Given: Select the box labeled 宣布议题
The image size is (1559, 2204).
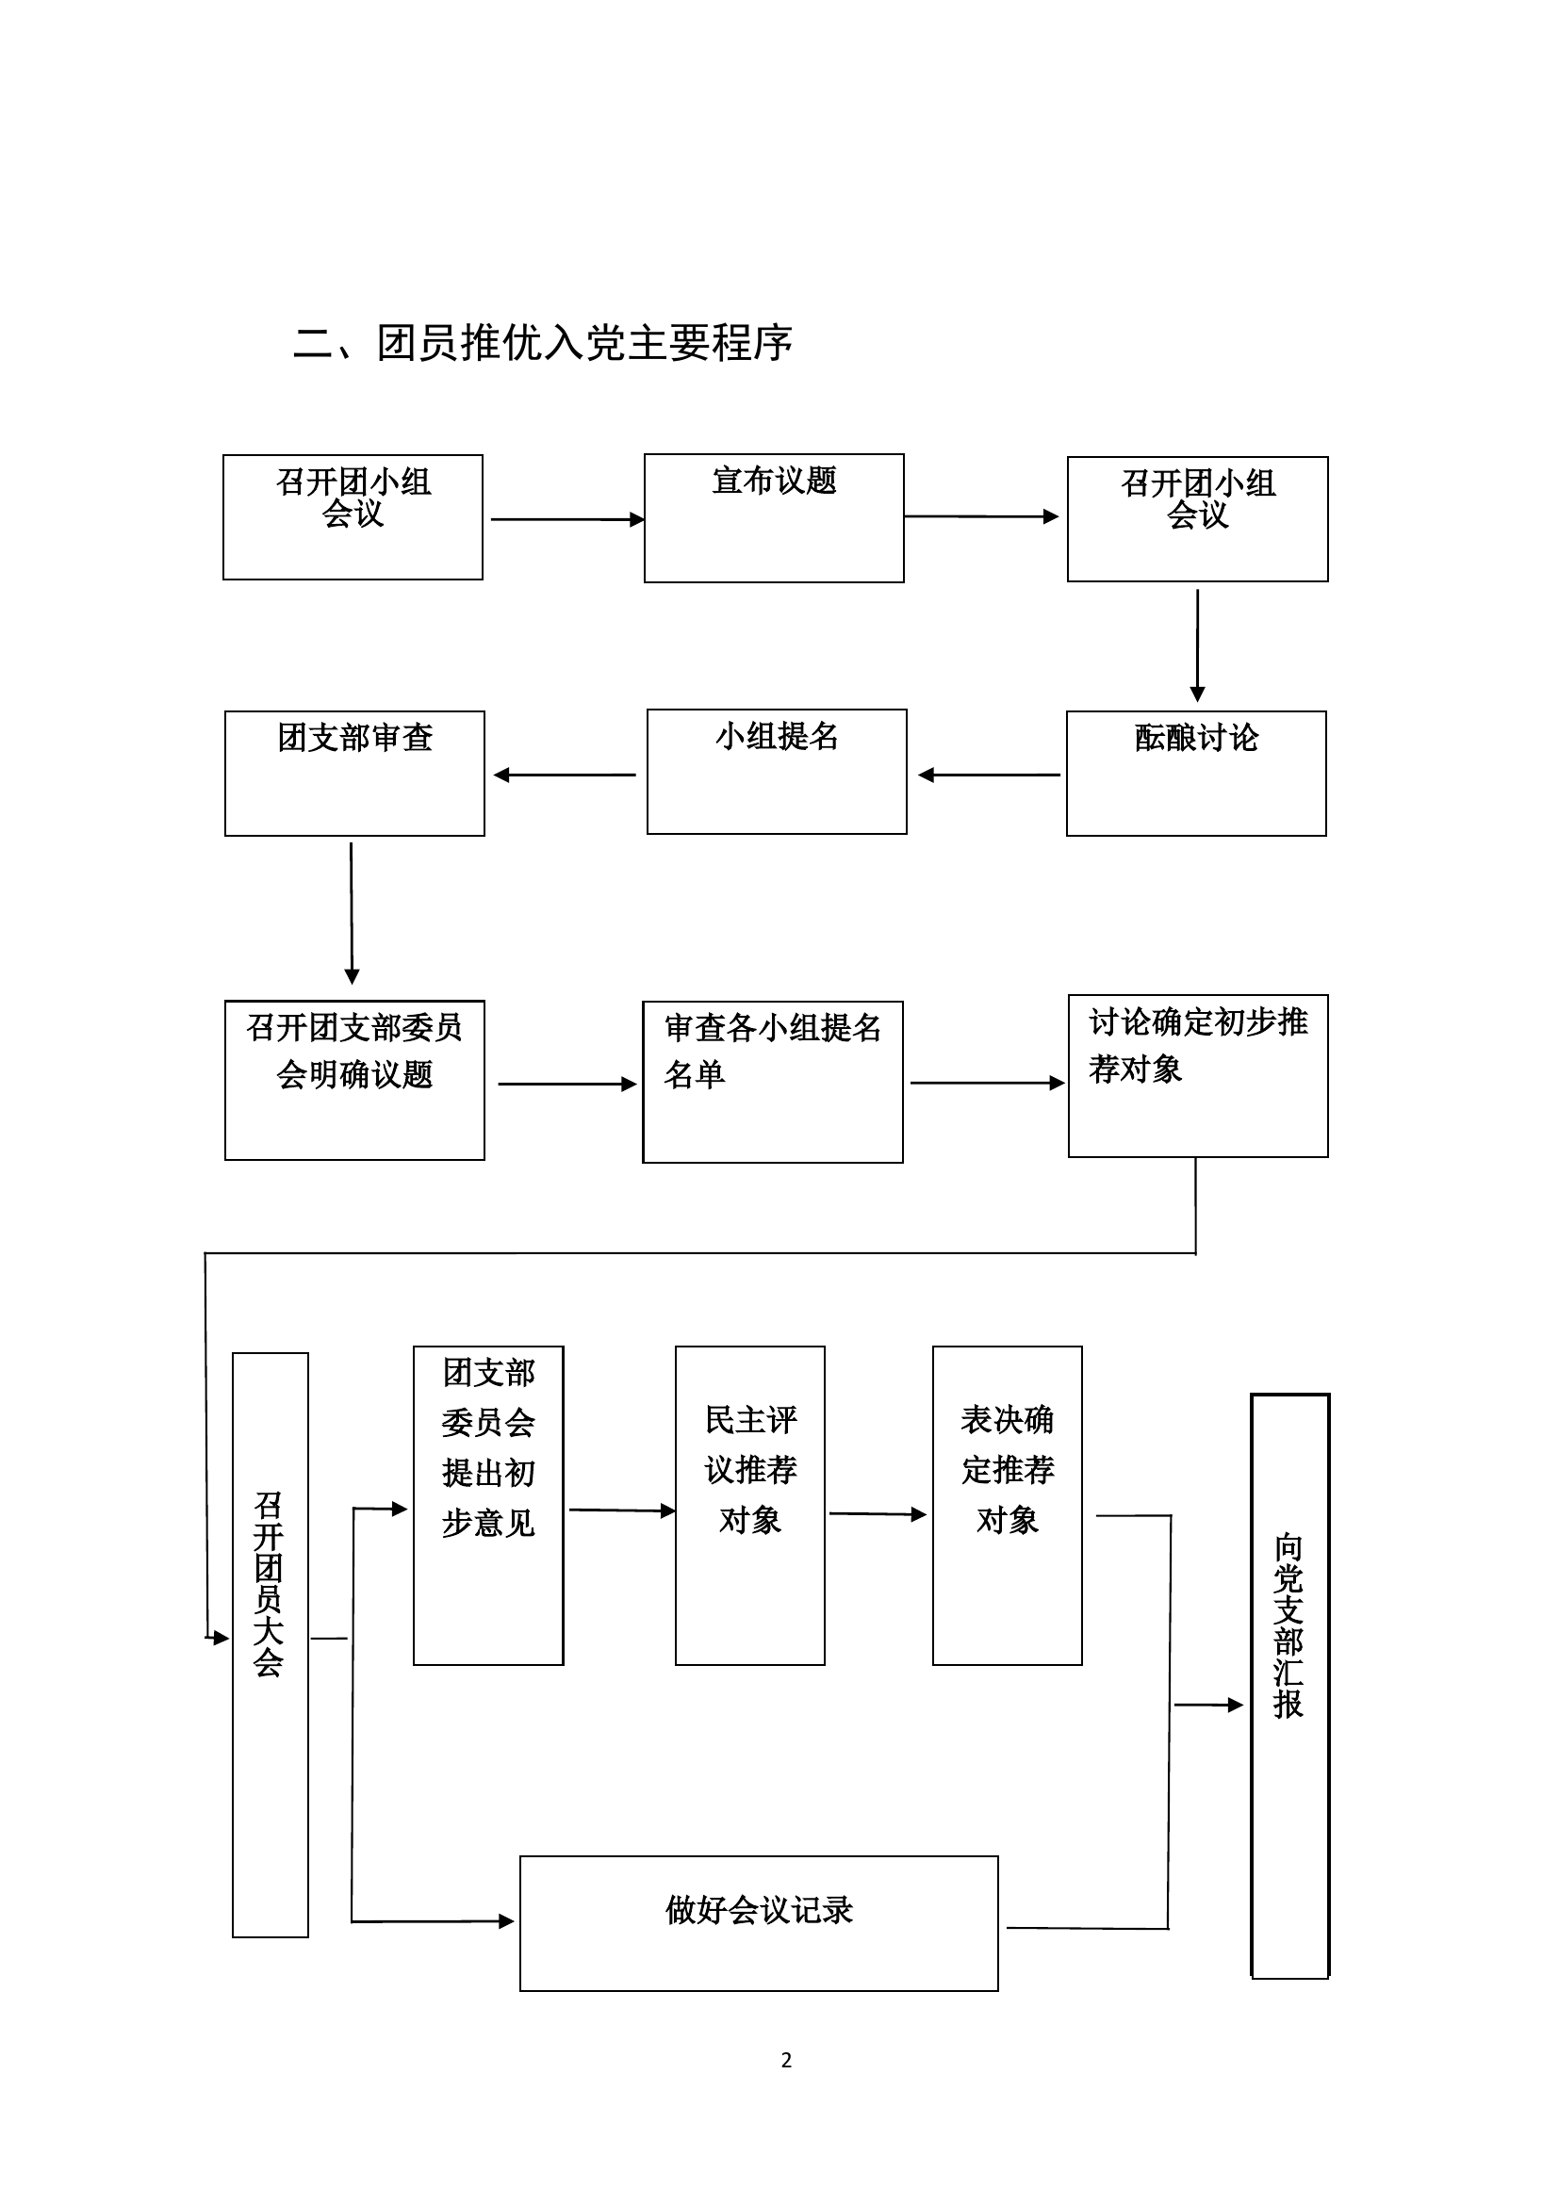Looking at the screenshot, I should (774, 518).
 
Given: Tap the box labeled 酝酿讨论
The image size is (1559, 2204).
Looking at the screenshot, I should (1196, 774).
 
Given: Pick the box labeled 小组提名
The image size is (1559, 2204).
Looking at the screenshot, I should (777, 772).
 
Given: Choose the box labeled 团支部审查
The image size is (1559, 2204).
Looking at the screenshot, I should (354, 774).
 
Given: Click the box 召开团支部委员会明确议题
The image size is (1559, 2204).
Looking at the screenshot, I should (354, 1080).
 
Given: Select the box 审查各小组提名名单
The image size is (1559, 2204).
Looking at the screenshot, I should (773, 1082).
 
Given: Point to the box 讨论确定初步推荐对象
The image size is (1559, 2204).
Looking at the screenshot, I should (1198, 1075).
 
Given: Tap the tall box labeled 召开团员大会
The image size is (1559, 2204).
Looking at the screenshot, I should (270, 1644).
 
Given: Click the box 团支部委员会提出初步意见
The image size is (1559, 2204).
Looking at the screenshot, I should (487, 1505).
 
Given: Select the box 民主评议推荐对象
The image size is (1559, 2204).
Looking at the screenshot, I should (749, 1505).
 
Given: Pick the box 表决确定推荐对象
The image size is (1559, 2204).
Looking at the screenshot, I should (1007, 1505).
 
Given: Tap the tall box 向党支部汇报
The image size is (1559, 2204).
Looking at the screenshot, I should (1289, 1686).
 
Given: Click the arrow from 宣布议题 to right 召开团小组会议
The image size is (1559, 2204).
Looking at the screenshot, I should (980, 516).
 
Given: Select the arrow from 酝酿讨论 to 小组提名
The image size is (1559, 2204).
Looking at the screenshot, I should (989, 775).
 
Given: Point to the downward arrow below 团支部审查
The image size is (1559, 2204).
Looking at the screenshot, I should (352, 912).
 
